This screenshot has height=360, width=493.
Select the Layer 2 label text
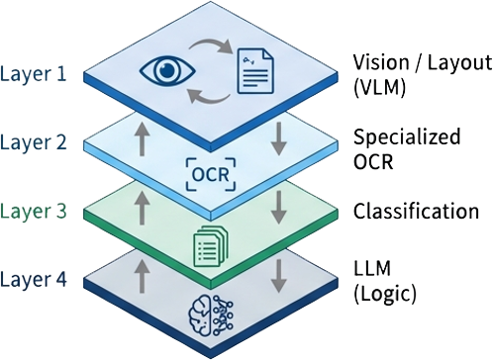point(37,142)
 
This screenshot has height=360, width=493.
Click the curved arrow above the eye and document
point(210,46)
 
